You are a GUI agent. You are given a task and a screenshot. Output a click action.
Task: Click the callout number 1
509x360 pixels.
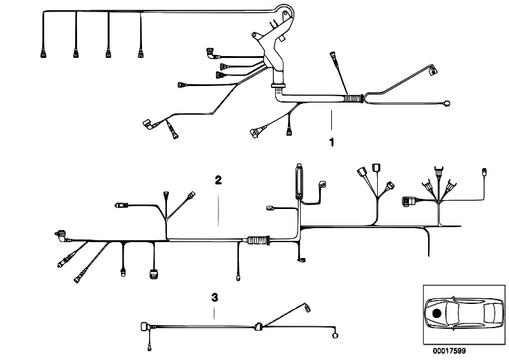pos(331,141)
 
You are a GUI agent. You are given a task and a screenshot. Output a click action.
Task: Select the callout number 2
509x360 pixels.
pos(218,180)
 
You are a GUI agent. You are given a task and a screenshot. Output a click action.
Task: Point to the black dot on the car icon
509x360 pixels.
pos(436,313)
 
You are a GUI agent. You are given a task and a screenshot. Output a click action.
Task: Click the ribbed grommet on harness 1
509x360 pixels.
pos(352,99)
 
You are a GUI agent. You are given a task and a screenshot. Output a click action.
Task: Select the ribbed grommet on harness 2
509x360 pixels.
pos(257,241)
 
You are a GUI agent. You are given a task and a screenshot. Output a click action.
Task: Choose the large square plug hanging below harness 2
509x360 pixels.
pos(153,275)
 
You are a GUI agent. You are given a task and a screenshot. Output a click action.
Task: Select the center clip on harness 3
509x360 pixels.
pos(257,328)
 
